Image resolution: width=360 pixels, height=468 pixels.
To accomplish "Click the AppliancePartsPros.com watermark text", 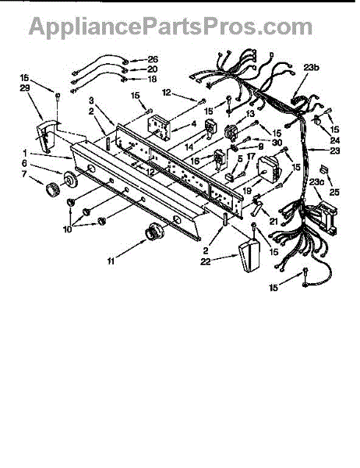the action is coord(171,27).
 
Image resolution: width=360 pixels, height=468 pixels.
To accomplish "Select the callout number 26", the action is coord(153,59).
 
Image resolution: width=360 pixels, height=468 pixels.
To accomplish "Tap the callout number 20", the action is coord(153,69).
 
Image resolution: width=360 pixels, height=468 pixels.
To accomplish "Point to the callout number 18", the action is coord(153,79).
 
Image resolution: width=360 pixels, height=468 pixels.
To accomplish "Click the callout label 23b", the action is coord(311,67).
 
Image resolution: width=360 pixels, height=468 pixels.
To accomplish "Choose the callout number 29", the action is coord(25,88).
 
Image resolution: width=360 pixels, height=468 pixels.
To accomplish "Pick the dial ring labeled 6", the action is coord(69,179).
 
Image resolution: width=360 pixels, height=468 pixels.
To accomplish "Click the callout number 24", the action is coord(335,140).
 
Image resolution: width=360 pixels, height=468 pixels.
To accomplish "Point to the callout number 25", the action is coord(334,192).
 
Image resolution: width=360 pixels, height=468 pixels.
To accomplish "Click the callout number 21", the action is coord(274,222).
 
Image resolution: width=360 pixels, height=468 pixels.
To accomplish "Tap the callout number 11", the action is coord(111,261).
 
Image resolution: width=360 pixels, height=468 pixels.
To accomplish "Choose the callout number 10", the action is coord(68,230).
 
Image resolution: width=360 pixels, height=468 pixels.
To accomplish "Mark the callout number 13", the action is coord(250,114).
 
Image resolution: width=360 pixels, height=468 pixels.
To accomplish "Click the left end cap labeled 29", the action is coord(46,136).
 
